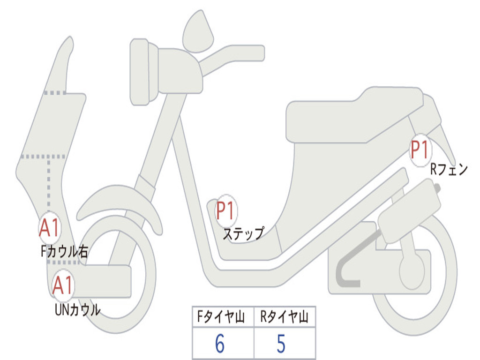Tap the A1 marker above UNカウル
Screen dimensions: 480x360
coord(62,285)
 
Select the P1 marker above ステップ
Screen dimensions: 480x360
coord(226,210)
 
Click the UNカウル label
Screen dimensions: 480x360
coord(77,310)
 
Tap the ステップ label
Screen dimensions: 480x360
coord(243,233)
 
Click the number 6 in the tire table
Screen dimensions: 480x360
coord(220,344)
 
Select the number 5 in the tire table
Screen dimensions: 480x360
coord(281,344)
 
